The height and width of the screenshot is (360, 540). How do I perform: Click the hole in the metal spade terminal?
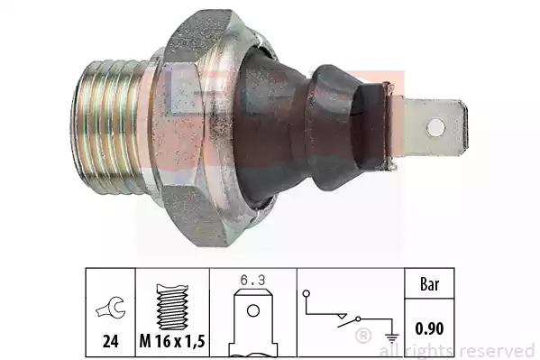(x=435, y=127)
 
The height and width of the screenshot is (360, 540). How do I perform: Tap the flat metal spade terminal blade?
(x=435, y=127)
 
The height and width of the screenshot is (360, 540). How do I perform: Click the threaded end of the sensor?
(x=109, y=127)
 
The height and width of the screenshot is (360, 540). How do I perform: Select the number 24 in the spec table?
(x=111, y=341)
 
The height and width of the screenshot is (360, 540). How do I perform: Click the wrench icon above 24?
(x=111, y=307)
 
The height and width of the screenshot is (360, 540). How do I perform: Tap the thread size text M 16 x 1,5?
(x=172, y=341)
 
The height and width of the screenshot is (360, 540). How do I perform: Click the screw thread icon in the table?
(x=172, y=307)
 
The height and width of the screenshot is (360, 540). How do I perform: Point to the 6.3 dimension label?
(x=253, y=281)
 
